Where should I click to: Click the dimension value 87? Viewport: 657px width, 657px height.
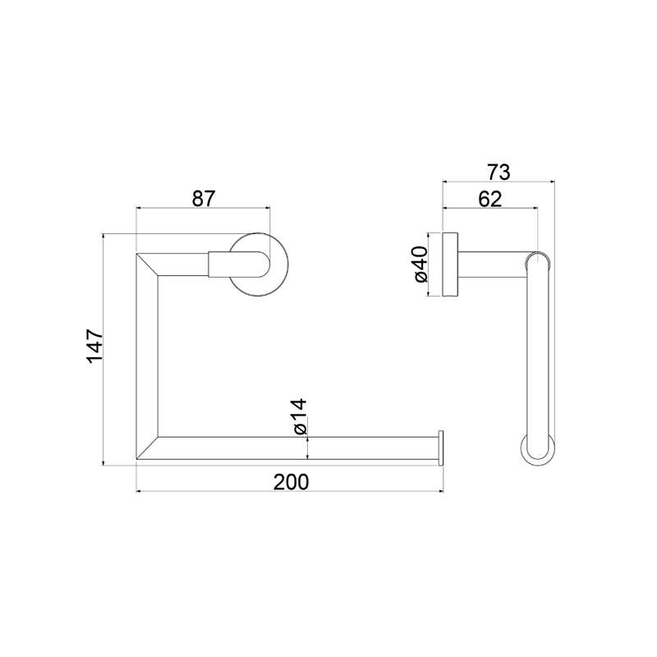pyautogui.click(x=203, y=199)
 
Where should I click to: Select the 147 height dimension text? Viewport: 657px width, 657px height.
pyautogui.click(x=94, y=347)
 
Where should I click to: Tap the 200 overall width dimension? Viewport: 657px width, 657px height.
pyautogui.click(x=291, y=482)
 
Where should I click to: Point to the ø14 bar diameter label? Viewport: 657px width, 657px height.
pyautogui.click(x=300, y=416)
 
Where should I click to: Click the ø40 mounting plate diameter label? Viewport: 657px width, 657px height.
pyautogui.click(x=420, y=264)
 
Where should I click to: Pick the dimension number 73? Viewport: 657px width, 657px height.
pyautogui.click(x=498, y=172)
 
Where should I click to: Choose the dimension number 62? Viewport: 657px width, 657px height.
pyautogui.click(x=489, y=199)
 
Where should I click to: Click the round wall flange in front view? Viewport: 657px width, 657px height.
pyautogui.click(x=259, y=264)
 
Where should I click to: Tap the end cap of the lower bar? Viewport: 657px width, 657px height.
pyautogui.click(x=441, y=448)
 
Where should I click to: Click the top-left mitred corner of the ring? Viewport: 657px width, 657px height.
pyautogui.click(x=147, y=264)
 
